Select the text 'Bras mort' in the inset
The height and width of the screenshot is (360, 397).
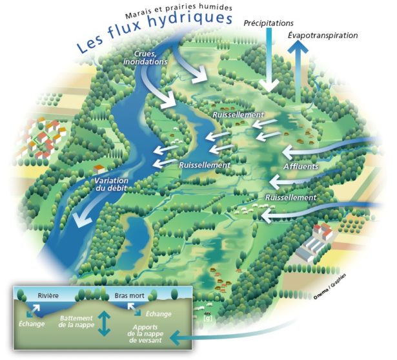[x=128, y=295]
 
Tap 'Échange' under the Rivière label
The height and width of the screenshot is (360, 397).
[x=32, y=324]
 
